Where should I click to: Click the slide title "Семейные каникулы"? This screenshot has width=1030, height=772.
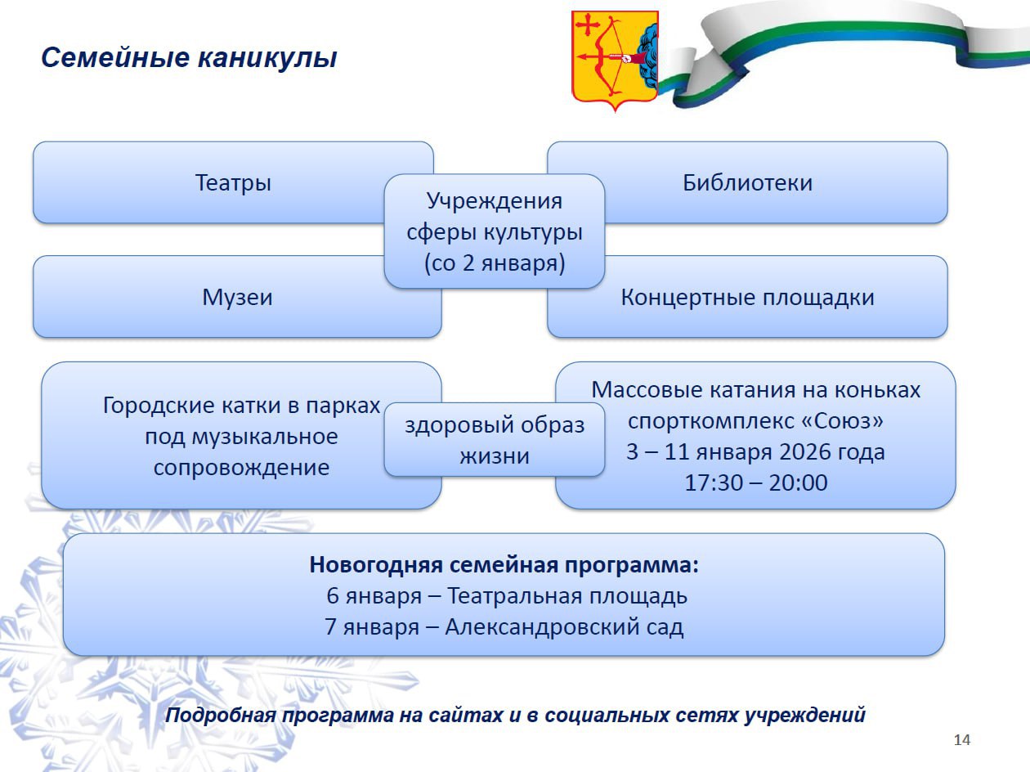189,58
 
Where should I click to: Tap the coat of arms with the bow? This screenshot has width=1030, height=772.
614,57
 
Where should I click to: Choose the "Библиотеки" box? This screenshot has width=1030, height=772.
747,182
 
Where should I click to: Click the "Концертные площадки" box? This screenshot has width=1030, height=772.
747,297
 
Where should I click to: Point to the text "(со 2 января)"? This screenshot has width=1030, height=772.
495,264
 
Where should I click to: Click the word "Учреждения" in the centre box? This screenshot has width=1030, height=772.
495,200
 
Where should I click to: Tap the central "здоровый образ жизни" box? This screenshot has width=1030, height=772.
495,440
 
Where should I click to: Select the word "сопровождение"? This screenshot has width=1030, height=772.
241,468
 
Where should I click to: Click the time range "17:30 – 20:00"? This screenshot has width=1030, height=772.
755,482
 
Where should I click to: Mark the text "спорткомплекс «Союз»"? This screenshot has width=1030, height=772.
755,421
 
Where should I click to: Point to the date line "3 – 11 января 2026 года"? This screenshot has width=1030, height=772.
755,451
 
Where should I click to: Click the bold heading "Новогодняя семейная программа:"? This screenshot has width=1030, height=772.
504,565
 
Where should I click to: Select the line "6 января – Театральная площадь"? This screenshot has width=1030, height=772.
507,596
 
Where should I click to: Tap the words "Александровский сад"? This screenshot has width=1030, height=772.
565,627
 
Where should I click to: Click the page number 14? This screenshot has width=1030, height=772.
962,740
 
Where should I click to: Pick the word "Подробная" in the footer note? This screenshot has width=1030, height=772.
217,715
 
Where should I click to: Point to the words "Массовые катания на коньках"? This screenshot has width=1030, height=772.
755,390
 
